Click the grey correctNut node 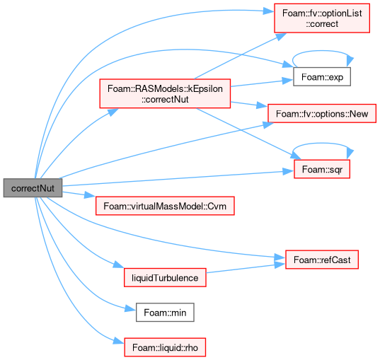coord(33,188)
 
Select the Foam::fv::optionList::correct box coord(322,18)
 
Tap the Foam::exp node coord(322,77)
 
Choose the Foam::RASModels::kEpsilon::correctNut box coord(165,93)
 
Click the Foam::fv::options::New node coord(322,113)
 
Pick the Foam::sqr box coord(322,169)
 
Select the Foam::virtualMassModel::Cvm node coord(165,206)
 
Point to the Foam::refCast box coord(322,260)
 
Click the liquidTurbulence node coord(165,278)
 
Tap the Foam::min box coord(165,313)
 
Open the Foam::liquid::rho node coord(165,347)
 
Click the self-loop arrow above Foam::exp coord(322,51)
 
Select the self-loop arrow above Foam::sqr coord(322,144)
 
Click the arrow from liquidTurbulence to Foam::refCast coord(246,269)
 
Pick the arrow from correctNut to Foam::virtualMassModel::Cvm coord(79,194)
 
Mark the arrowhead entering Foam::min coord(130,309)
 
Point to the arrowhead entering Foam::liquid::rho coord(119,341)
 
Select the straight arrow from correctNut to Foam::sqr coord(178,178)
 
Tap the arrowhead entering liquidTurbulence coord(119,265)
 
